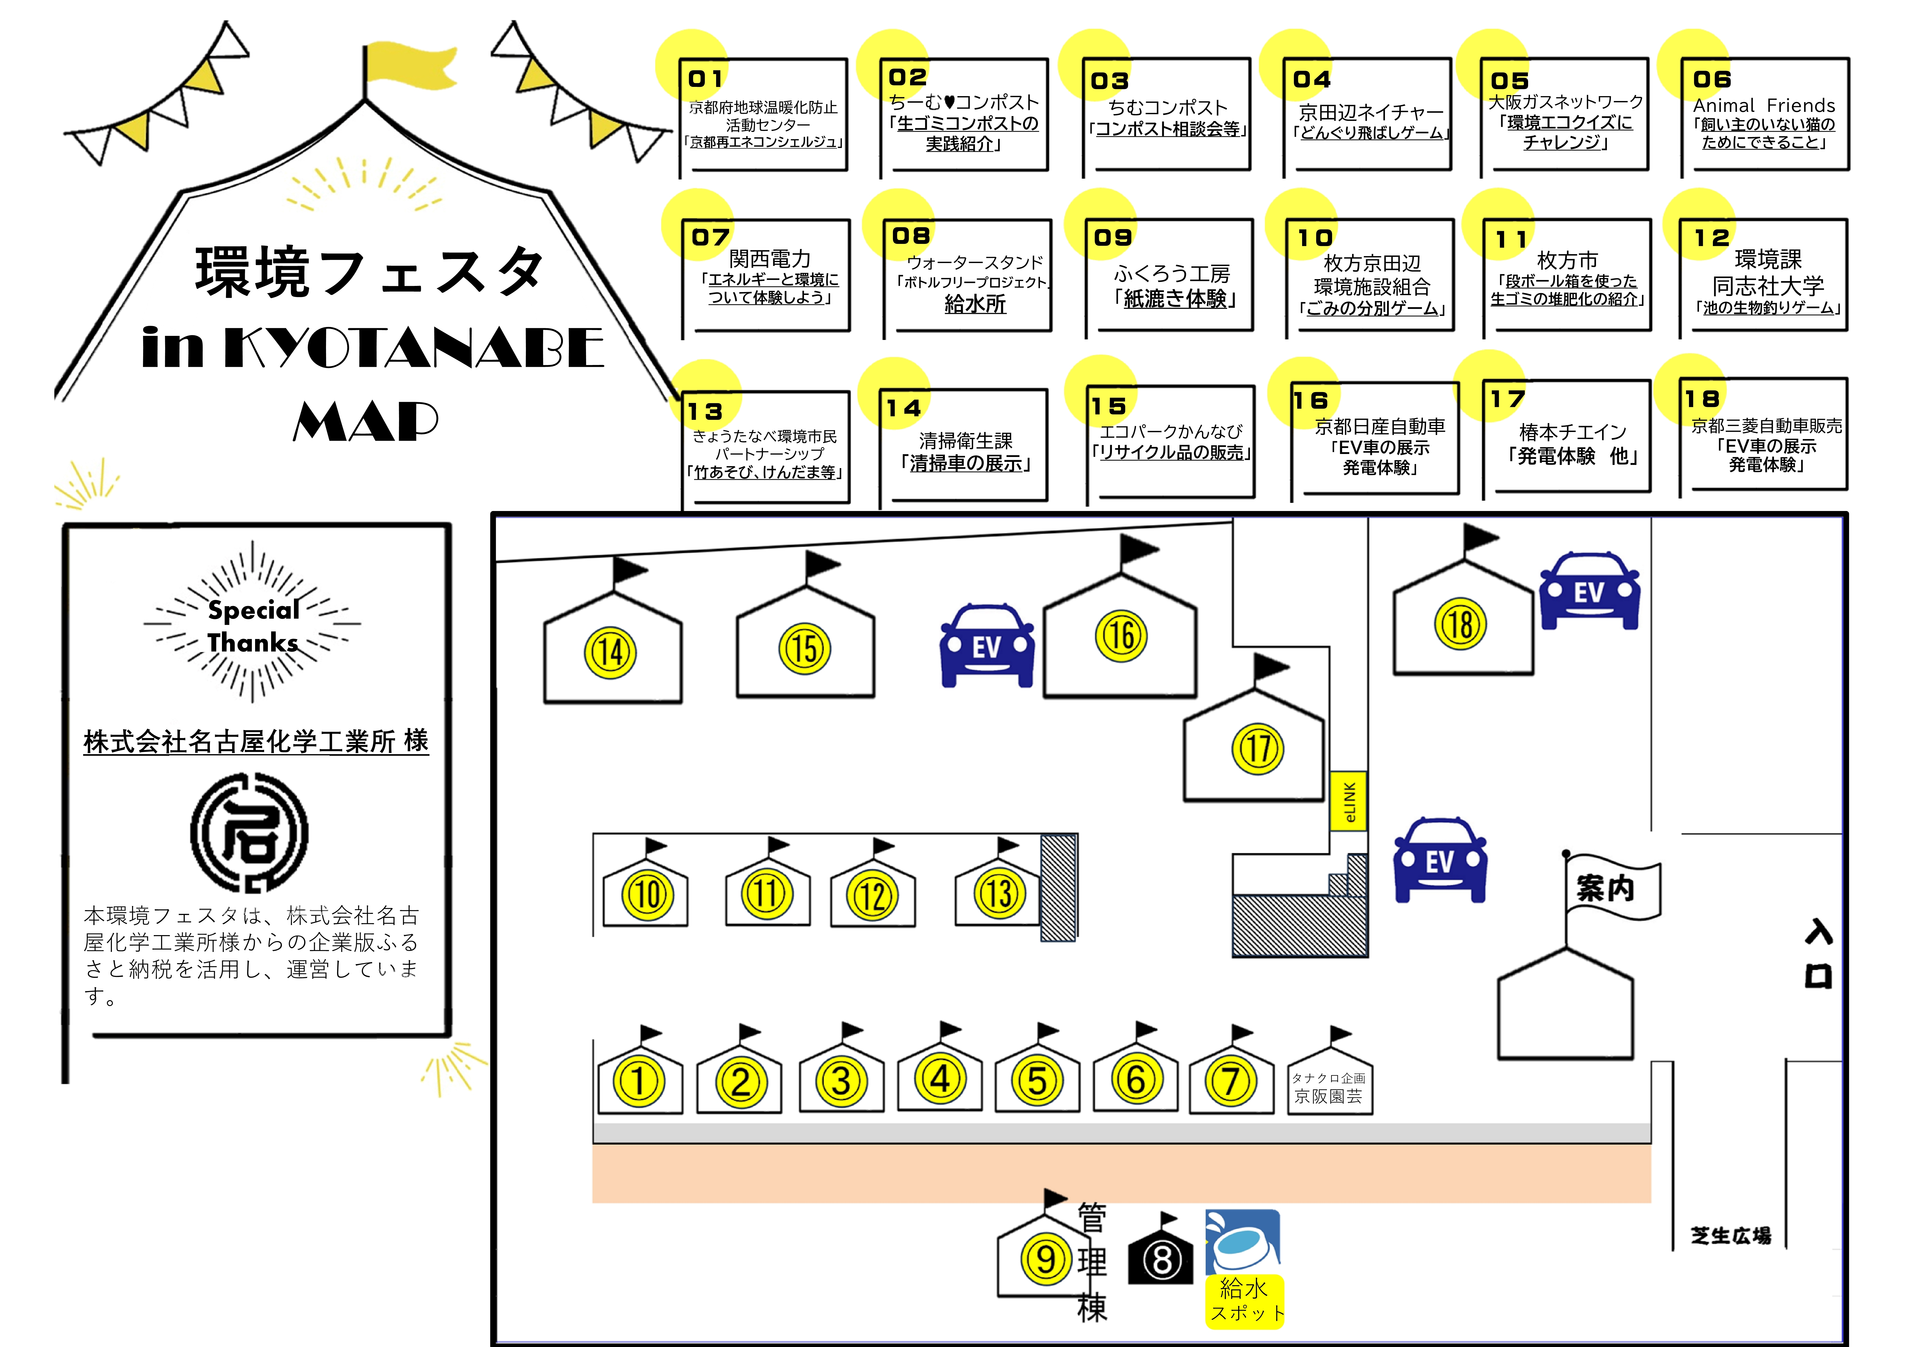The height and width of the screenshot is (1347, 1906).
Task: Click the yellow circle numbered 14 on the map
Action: (610, 652)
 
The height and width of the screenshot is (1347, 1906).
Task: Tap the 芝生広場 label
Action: (1731, 1236)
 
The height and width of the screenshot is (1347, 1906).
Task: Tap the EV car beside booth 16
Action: (987, 646)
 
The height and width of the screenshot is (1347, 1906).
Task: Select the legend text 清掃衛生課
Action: (965, 441)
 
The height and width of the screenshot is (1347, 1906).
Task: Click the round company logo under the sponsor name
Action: (249, 832)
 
